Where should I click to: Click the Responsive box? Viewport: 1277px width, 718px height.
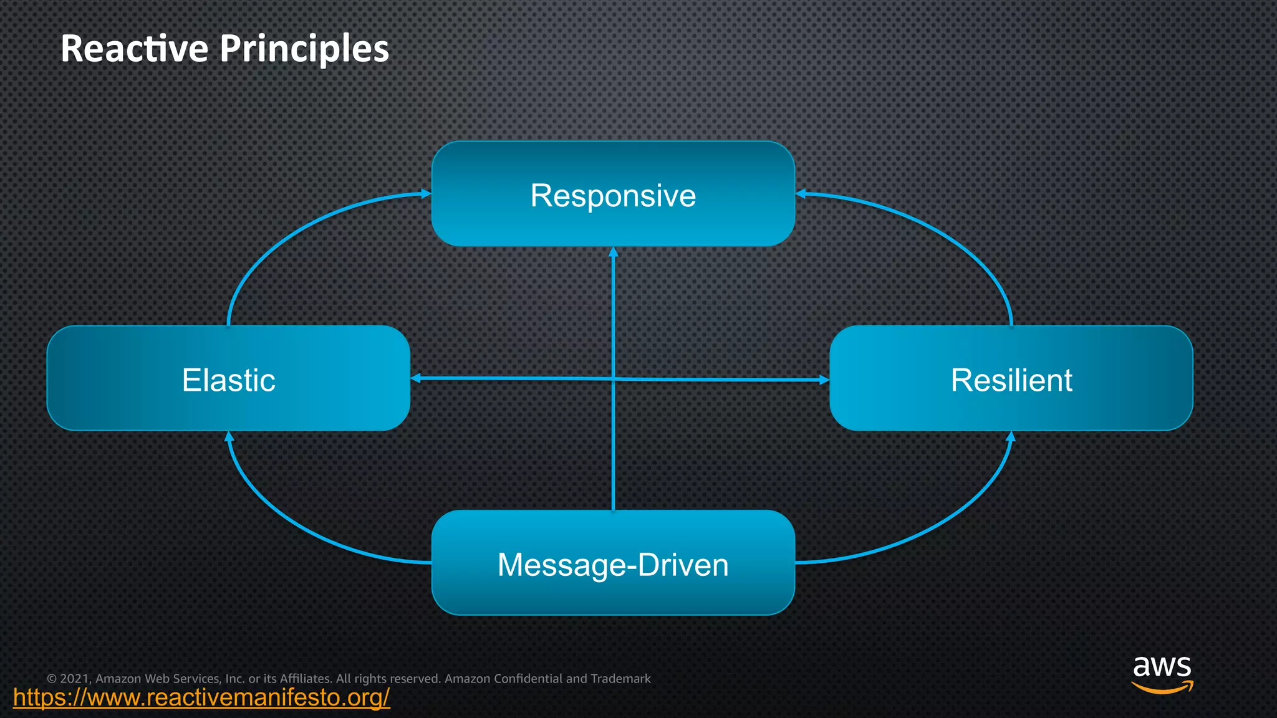[x=613, y=194]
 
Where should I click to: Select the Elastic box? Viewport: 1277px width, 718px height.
[x=228, y=379]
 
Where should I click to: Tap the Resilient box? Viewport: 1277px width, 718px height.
[x=1011, y=379]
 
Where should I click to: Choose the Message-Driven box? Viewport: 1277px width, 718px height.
[x=613, y=563]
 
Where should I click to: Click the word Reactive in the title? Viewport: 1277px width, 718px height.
[x=134, y=49]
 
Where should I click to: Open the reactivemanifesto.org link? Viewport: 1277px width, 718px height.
[x=201, y=697]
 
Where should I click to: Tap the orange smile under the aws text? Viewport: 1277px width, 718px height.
[x=1162, y=688]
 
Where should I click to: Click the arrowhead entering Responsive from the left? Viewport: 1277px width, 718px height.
[x=426, y=194]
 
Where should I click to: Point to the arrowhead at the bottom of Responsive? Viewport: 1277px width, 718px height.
[x=613, y=252]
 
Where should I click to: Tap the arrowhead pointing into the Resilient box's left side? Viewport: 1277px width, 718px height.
[x=824, y=380]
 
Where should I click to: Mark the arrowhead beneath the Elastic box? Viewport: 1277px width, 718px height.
[x=229, y=436]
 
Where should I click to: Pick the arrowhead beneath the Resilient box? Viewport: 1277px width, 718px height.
[x=1011, y=436]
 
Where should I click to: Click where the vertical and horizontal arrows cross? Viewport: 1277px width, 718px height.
[x=614, y=378]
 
